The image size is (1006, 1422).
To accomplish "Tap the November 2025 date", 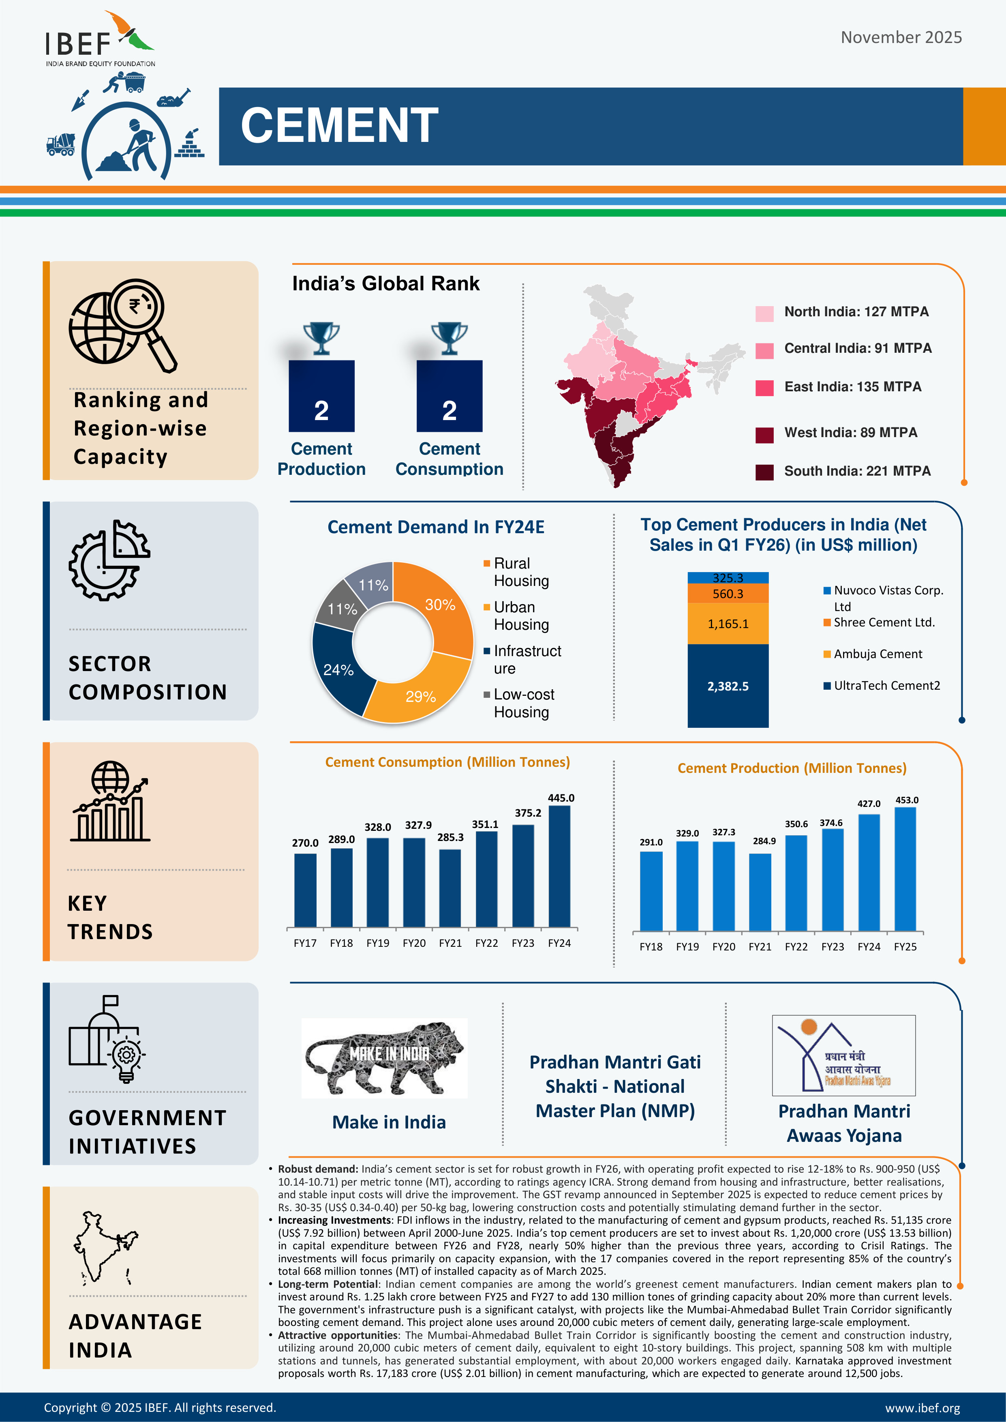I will pyautogui.click(x=901, y=38).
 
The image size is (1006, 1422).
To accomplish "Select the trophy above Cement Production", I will pyautogui.click(x=321, y=338).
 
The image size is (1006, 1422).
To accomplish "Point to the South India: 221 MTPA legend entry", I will pyautogui.click(x=857, y=471).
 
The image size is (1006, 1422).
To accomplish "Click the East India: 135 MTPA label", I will pyautogui.click(x=852, y=387).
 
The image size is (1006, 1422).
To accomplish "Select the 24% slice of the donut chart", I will pyautogui.click(x=338, y=669).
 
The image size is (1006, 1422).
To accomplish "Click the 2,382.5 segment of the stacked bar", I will pyautogui.click(x=728, y=686).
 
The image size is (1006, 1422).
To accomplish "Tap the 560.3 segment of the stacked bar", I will pyautogui.click(x=728, y=594).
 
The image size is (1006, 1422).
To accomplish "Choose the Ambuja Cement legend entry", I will pyautogui.click(x=877, y=654).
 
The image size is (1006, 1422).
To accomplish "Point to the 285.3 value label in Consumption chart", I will pyautogui.click(x=450, y=837).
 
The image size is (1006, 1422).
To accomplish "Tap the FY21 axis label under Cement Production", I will pyautogui.click(x=760, y=947).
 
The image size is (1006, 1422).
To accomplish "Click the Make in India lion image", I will pyautogui.click(x=384, y=1058).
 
